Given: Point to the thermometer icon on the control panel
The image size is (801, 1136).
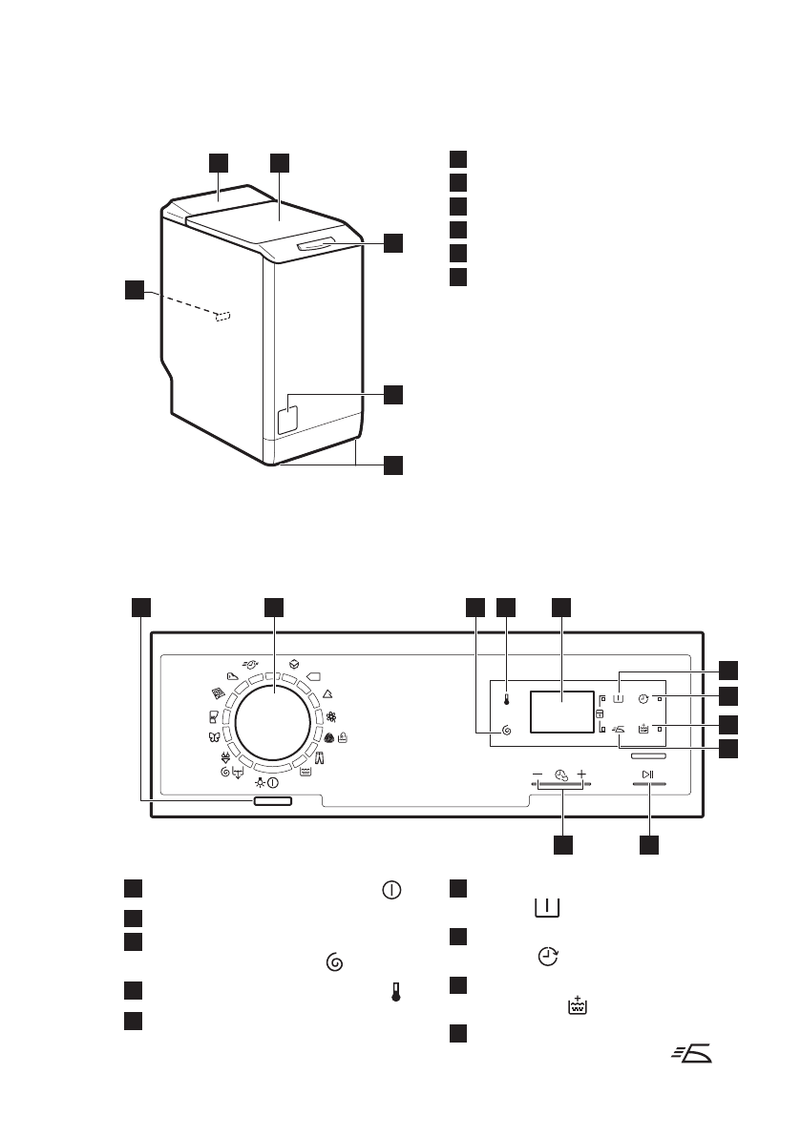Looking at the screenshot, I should [507, 699].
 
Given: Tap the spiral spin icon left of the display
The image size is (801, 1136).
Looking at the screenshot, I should [507, 732].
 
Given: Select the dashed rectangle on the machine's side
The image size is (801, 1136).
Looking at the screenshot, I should [223, 317].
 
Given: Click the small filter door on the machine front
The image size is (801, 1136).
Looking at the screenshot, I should [286, 418].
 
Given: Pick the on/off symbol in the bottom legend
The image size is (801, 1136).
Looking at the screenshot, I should [391, 889].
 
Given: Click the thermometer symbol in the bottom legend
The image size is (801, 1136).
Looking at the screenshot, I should [392, 992].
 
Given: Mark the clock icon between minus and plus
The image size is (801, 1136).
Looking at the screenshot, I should [559, 775].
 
